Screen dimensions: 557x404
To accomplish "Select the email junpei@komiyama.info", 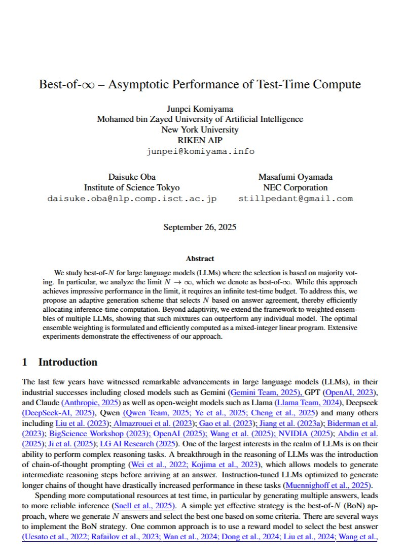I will (x=200, y=151).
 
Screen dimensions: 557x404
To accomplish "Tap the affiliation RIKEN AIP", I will (x=200, y=140).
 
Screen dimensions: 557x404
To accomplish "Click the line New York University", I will (x=200, y=129).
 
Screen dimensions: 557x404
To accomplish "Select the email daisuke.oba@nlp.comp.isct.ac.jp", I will (x=131, y=199).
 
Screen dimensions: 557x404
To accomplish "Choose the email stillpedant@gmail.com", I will (x=296, y=199).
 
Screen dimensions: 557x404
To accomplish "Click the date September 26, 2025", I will (x=200, y=227).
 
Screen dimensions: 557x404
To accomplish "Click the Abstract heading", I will (x=200, y=258).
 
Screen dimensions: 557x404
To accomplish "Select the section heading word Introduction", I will (x=67, y=362).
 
